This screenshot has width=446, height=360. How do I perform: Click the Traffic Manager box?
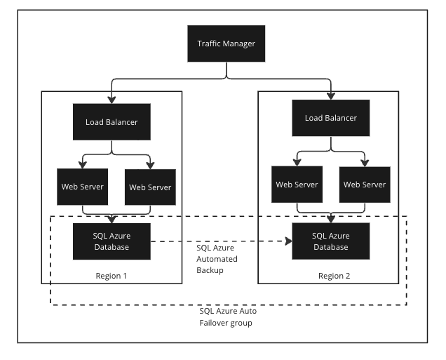pos(225,44)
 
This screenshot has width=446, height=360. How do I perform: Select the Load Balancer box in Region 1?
pos(111,122)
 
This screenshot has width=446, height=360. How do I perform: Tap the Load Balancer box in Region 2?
pos(330,118)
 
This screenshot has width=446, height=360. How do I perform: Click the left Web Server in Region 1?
pos(83,187)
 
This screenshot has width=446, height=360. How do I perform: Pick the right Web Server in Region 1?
pos(150,187)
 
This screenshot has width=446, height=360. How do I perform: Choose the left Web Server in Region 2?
pos(297,185)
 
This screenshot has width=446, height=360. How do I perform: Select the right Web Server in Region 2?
pos(364,185)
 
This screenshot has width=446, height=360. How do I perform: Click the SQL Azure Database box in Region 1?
pos(112,241)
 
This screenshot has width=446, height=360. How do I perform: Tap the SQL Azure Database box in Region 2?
pos(330,241)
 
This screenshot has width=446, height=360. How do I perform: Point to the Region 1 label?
pos(111,275)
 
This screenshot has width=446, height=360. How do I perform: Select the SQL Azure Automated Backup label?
pos(217,259)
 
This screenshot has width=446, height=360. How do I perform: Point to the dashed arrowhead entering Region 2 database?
pos(288,242)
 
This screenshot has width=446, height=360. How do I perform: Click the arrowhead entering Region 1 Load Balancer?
pos(111,100)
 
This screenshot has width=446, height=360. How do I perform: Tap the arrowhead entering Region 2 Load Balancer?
pos(330,97)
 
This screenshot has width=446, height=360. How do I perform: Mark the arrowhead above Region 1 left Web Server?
pos(83,166)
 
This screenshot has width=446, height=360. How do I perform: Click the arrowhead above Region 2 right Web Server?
pos(364,163)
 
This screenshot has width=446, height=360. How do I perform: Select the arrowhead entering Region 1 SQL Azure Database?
pos(112,219)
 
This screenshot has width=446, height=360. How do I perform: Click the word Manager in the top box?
pos(241,44)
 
